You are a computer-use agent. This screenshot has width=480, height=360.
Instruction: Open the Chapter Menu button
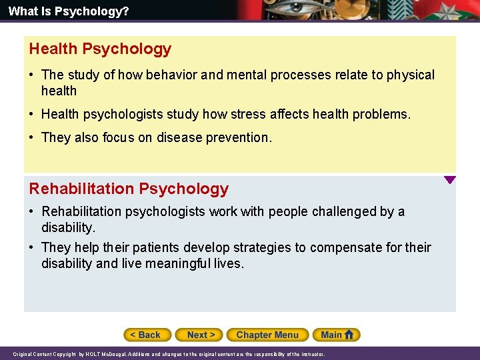click(267, 335)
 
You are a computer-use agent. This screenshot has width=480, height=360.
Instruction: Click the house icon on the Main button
click(351, 334)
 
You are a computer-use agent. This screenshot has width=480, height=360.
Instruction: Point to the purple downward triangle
click(450, 179)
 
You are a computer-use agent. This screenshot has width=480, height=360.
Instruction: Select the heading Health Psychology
click(100, 49)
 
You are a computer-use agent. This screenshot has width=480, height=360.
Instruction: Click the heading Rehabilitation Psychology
click(129, 189)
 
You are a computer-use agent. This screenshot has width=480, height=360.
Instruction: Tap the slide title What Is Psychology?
click(59, 11)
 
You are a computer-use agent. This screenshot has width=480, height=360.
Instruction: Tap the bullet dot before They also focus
click(33, 138)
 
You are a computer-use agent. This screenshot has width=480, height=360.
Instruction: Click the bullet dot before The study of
click(33, 75)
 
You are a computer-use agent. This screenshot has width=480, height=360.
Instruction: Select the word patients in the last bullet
click(155, 248)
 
